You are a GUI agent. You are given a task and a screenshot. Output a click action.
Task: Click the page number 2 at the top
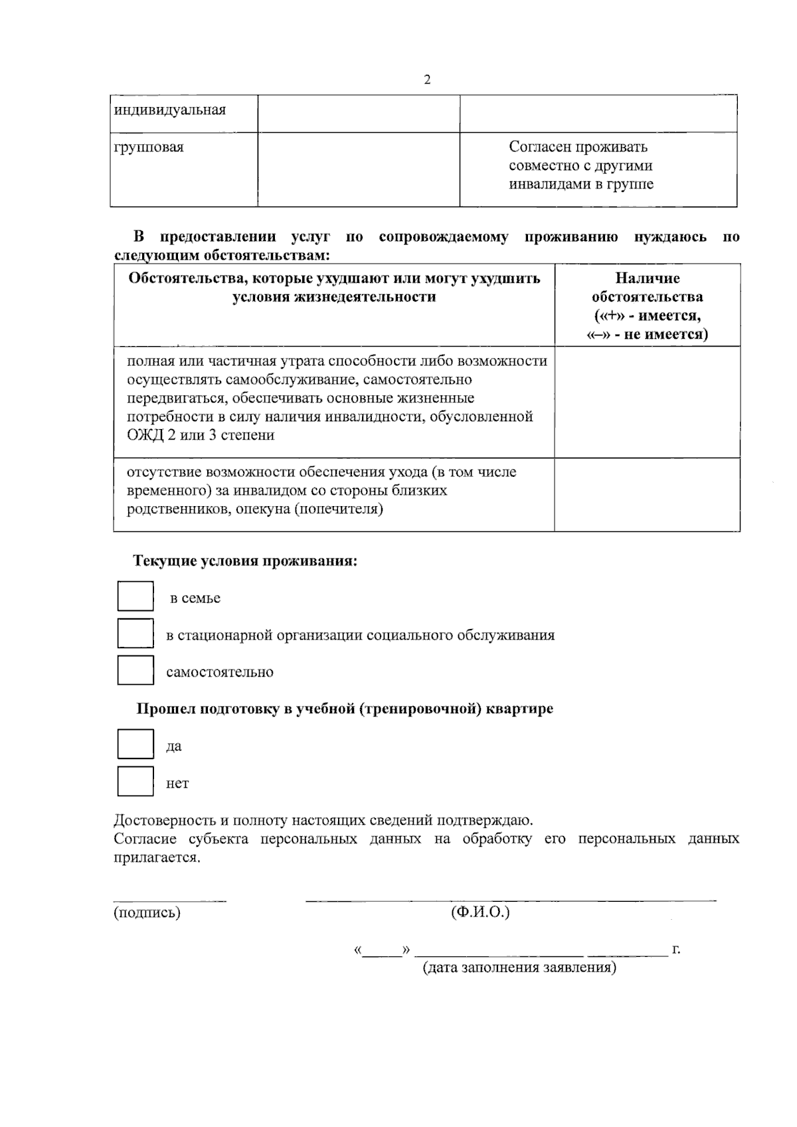pyautogui.click(x=427, y=80)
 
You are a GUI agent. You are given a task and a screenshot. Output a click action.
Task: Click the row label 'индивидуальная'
pyautogui.click(x=170, y=110)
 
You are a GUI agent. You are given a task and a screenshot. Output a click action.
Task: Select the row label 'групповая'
pyautogui.click(x=149, y=147)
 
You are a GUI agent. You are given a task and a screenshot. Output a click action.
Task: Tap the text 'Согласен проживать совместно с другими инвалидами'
pyautogui.click(x=580, y=166)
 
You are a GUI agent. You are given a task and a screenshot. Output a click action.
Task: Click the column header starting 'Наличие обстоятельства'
pyautogui.click(x=647, y=305)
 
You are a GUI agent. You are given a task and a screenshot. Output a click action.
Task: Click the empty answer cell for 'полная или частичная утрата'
pyautogui.click(x=647, y=401)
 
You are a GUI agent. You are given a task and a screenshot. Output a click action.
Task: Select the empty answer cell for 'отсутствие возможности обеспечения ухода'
pyautogui.click(x=647, y=494)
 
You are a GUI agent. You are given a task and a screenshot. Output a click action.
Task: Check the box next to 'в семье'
pyautogui.click(x=135, y=596)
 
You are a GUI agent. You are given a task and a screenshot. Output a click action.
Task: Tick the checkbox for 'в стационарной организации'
pyautogui.click(x=135, y=633)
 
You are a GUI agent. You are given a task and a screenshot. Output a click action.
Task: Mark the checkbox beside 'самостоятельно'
pyautogui.click(x=135, y=670)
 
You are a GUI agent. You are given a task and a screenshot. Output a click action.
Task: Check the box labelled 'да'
pyautogui.click(x=135, y=744)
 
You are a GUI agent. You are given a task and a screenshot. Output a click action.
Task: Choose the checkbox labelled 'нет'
pyautogui.click(x=135, y=781)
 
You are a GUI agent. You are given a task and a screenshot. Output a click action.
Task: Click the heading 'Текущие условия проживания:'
pyautogui.click(x=245, y=561)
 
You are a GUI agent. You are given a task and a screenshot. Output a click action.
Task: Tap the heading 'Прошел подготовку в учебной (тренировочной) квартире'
pyautogui.click(x=345, y=709)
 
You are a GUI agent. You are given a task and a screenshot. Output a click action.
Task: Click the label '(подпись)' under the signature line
pyautogui.click(x=147, y=912)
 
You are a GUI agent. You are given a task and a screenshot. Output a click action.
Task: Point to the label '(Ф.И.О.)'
pyautogui.click(x=480, y=912)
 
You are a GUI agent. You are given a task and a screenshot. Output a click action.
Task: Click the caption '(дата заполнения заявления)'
pyautogui.click(x=519, y=967)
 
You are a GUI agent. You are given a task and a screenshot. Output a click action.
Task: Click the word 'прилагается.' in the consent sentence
pyautogui.click(x=157, y=857)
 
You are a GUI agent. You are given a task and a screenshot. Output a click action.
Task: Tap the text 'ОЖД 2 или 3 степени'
pyautogui.click(x=201, y=436)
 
